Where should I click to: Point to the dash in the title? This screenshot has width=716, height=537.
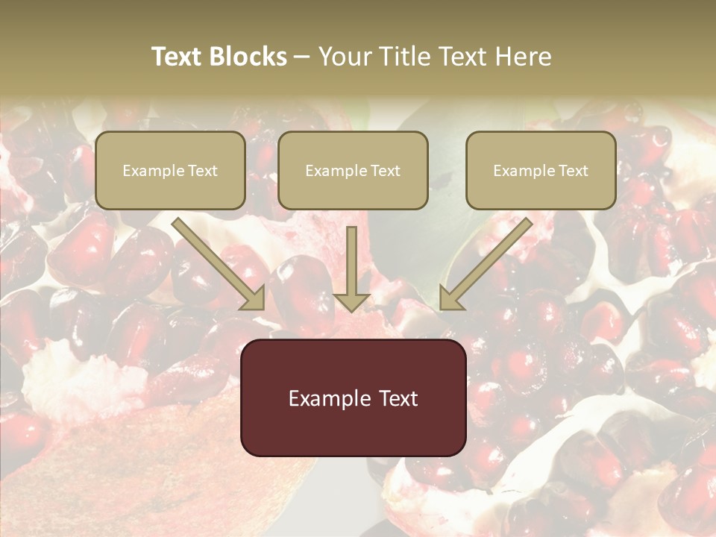[x=302, y=57]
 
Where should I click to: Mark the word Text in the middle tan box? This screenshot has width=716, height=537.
[x=386, y=171]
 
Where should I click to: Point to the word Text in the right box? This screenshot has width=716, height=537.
[x=574, y=171]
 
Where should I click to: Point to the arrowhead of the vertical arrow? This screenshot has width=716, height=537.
[x=351, y=301]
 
